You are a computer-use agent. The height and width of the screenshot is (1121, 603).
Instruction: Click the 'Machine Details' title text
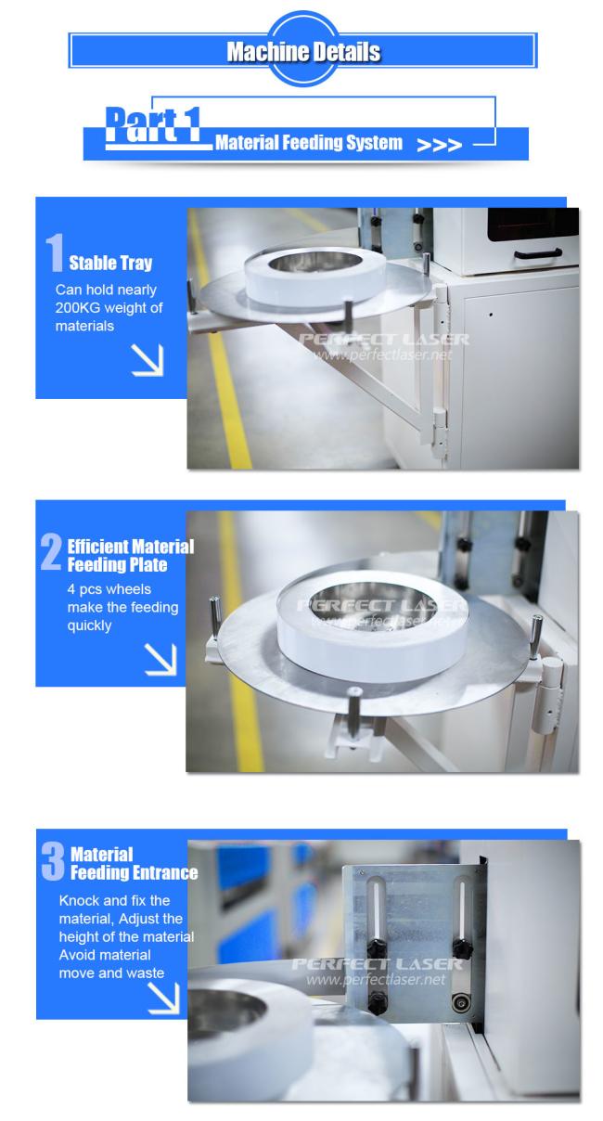point(303,52)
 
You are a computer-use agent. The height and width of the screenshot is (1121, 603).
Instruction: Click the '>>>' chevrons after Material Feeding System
point(439,145)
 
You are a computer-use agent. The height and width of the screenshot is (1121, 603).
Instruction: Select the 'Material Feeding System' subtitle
point(308,143)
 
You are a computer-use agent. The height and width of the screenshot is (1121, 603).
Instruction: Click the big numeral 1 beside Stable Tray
point(55,252)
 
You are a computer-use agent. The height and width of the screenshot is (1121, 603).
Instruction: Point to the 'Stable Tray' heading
point(110,263)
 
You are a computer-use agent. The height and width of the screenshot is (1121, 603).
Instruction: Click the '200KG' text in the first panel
point(78,308)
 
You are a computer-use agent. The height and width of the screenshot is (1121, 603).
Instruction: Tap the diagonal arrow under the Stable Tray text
point(148,359)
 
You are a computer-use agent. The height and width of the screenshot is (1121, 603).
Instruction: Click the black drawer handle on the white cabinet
point(538,254)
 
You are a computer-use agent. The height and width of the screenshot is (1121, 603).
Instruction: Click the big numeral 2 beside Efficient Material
point(51,551)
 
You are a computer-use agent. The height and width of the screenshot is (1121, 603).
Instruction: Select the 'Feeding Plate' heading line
point(117,565)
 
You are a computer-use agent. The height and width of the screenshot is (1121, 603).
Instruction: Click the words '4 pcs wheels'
point(109,589)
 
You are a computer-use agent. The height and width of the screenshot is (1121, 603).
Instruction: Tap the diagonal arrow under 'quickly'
point(160,659)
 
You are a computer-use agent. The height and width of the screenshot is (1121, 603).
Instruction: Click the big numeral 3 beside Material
point(53,860)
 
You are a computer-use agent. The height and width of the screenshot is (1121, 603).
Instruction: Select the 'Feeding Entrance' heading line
point(134,872)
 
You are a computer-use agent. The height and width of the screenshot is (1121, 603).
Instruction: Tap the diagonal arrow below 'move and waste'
point(163,998)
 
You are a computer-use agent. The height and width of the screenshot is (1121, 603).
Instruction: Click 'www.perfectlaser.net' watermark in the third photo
point(376,979)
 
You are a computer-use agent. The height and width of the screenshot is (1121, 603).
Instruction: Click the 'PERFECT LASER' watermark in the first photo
point(384,340)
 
